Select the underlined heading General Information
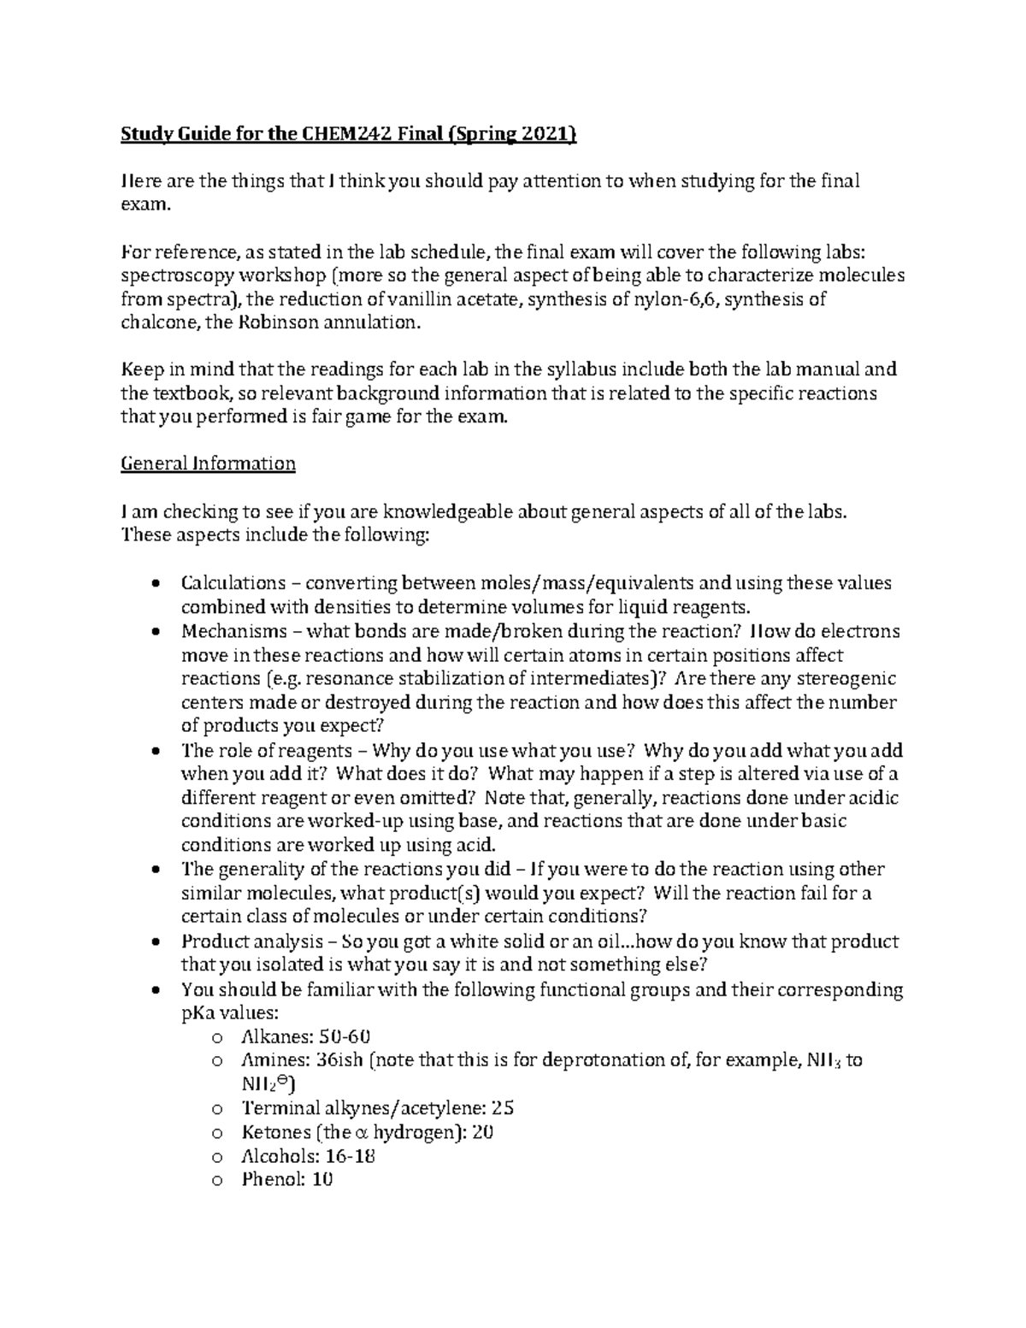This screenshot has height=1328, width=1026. pyautogui.click(x=208, y=463)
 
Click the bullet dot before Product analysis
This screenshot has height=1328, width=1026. pyautogui.click(x=154, y=942)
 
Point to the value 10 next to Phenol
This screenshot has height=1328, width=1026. pyautogui.click(x=322, y=1180)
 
